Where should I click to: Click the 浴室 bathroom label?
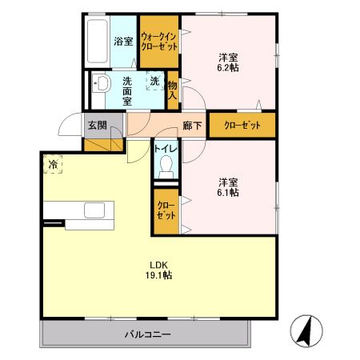click(123, 42)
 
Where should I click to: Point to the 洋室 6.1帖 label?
click(229, 186)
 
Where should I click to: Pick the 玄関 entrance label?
click(98, 126)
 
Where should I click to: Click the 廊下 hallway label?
click(190, 126)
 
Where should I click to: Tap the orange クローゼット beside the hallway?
click(242, 126)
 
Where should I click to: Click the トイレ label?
click(166, 148)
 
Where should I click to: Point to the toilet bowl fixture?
click(166, 167)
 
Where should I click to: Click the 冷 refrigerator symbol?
click(53, 164)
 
